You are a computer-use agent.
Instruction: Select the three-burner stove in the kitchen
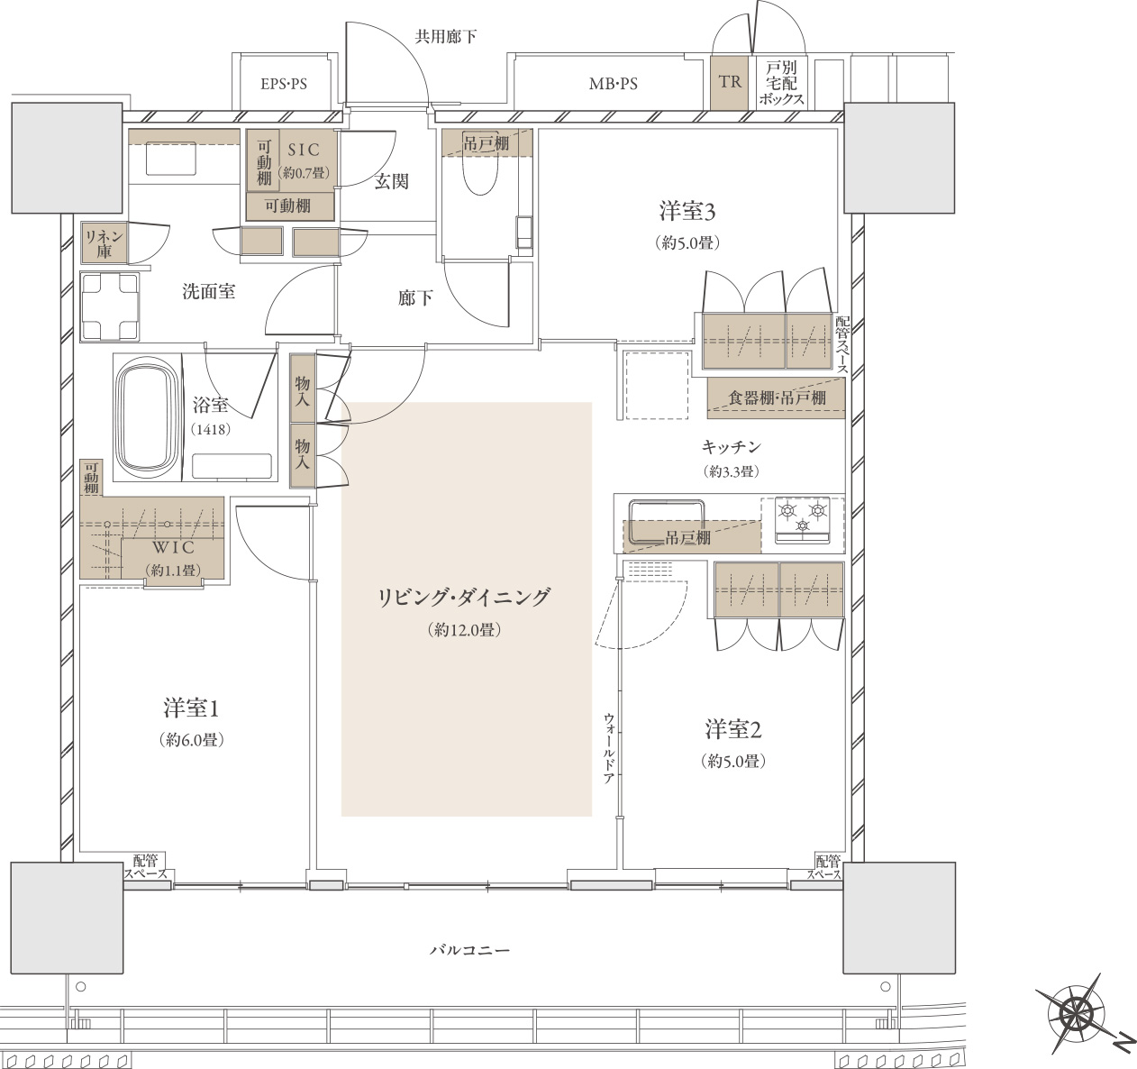click(802, 519)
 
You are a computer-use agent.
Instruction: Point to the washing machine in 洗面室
click(109, 307)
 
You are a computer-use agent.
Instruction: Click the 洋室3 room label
click(687, 212)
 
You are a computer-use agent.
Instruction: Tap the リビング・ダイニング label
click(463, 598)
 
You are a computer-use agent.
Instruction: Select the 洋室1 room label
click(191, 708)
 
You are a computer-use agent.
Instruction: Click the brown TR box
click(729, 83)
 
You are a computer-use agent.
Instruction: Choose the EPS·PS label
click(284, 84)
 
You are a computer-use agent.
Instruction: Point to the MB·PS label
click(614, 84)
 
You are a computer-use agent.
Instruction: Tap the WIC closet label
click(173, 547)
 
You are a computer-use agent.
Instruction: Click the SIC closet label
click(304, 150)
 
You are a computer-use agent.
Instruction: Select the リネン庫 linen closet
click(104, 242)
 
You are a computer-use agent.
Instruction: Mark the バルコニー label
click(469, 950)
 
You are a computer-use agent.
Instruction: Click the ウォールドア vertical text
click(608, 748)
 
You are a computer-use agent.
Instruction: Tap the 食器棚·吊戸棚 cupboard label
click(777, 397)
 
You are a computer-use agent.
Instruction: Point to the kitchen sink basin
click(667, 520)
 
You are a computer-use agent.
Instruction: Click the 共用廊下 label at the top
click(445, 37)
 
